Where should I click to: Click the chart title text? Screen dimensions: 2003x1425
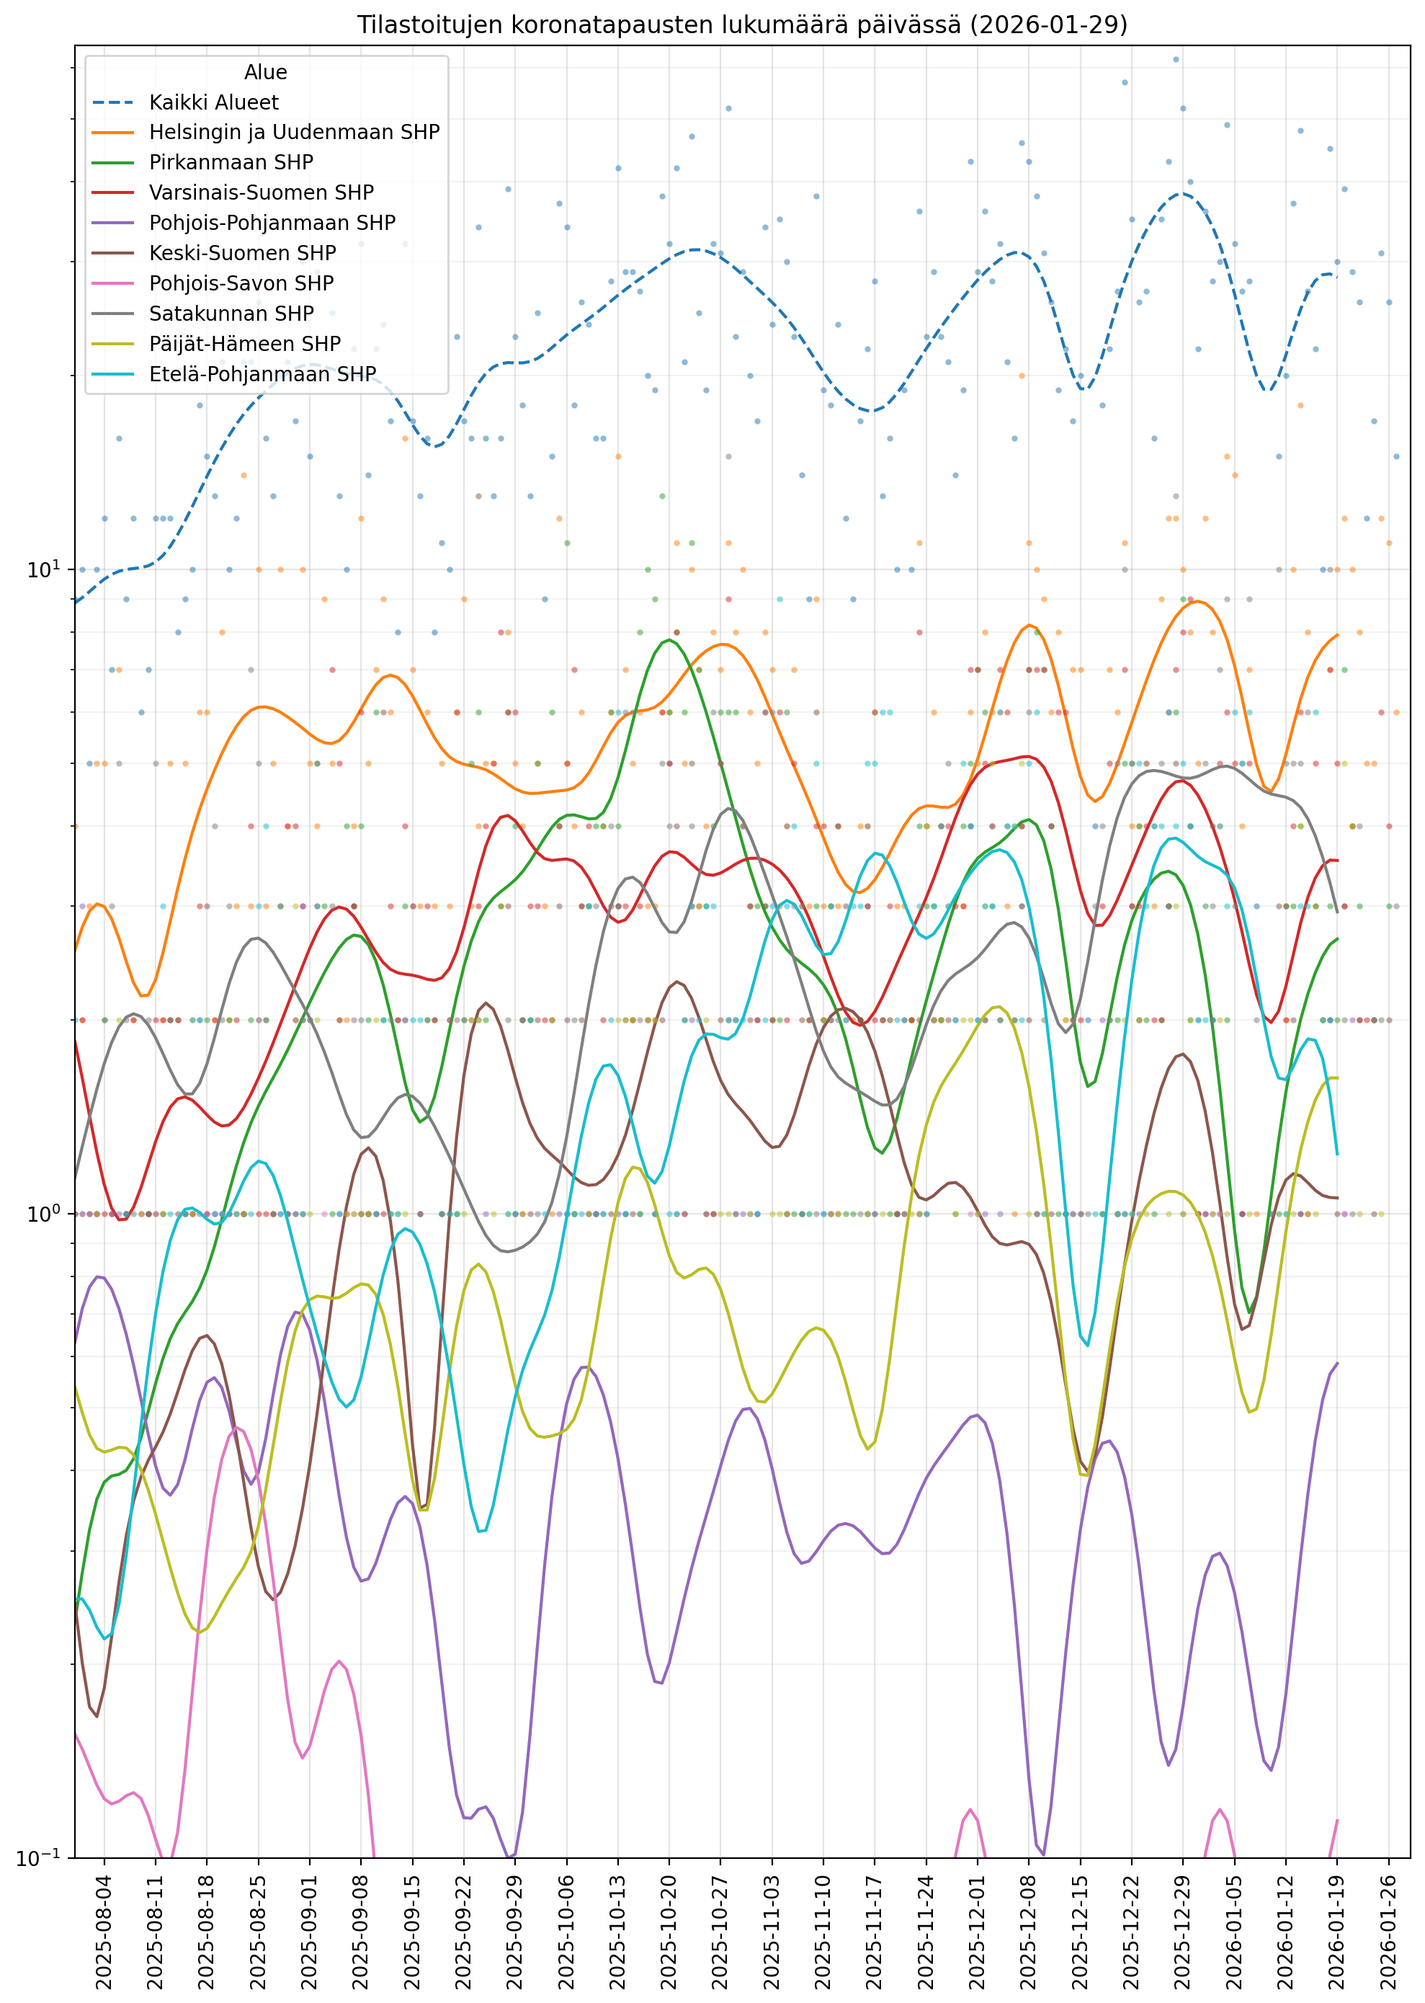pyautogui.click(x=741, y=25)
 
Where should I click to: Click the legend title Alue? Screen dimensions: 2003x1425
pyautogui.click(x=265, y=72)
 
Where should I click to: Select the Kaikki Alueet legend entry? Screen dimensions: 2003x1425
pyautogui.click(x=213, y=102)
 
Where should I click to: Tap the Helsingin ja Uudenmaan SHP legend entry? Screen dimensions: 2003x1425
pyautogui.click(x=294, y=133)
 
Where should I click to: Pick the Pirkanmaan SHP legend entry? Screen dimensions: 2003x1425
pyautogui.click(x=231, y=162)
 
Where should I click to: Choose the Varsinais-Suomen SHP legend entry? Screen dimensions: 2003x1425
pyautogui.click(x=261, y=193)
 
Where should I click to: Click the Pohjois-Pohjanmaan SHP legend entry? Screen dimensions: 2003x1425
pyautogui.click(x=272, y=223)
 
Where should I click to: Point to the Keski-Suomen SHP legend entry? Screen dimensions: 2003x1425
pyautogui.click(x=242, y=254)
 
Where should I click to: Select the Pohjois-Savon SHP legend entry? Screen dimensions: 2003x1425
pyautogui.click(x=241, y=283)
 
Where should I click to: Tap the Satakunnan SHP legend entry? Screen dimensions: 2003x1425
pyautogui.click(x=231, y=314)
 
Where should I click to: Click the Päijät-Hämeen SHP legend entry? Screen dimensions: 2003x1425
pyautogui.click(x=245, y=344)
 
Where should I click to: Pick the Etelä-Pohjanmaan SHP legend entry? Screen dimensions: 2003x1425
pyautogui.click(x=262, y=375)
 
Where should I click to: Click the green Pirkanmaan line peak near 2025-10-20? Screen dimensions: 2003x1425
pyautogui.click(x=669, y=640)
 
